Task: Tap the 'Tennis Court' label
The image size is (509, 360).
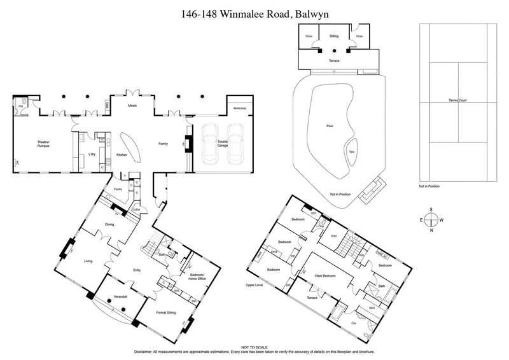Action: coord(457,100)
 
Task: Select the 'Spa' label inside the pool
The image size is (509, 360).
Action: coord(351,152)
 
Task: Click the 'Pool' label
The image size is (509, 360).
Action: coord(330,125)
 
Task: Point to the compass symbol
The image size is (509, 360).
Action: coord(431,219)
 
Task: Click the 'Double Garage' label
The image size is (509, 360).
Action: coord(223,143)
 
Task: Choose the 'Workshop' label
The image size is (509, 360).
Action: coord(239,109)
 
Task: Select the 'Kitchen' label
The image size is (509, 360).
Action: coord(122,155)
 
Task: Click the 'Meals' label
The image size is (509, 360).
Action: coord(132,106)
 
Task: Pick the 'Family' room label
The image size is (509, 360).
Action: coord(162,144)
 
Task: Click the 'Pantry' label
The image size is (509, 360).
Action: coord(118,189)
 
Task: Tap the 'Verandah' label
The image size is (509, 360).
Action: coord(121,297)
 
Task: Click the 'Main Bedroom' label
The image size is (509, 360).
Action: coord(325,275)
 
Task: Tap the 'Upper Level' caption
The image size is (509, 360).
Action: coord(254,286)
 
